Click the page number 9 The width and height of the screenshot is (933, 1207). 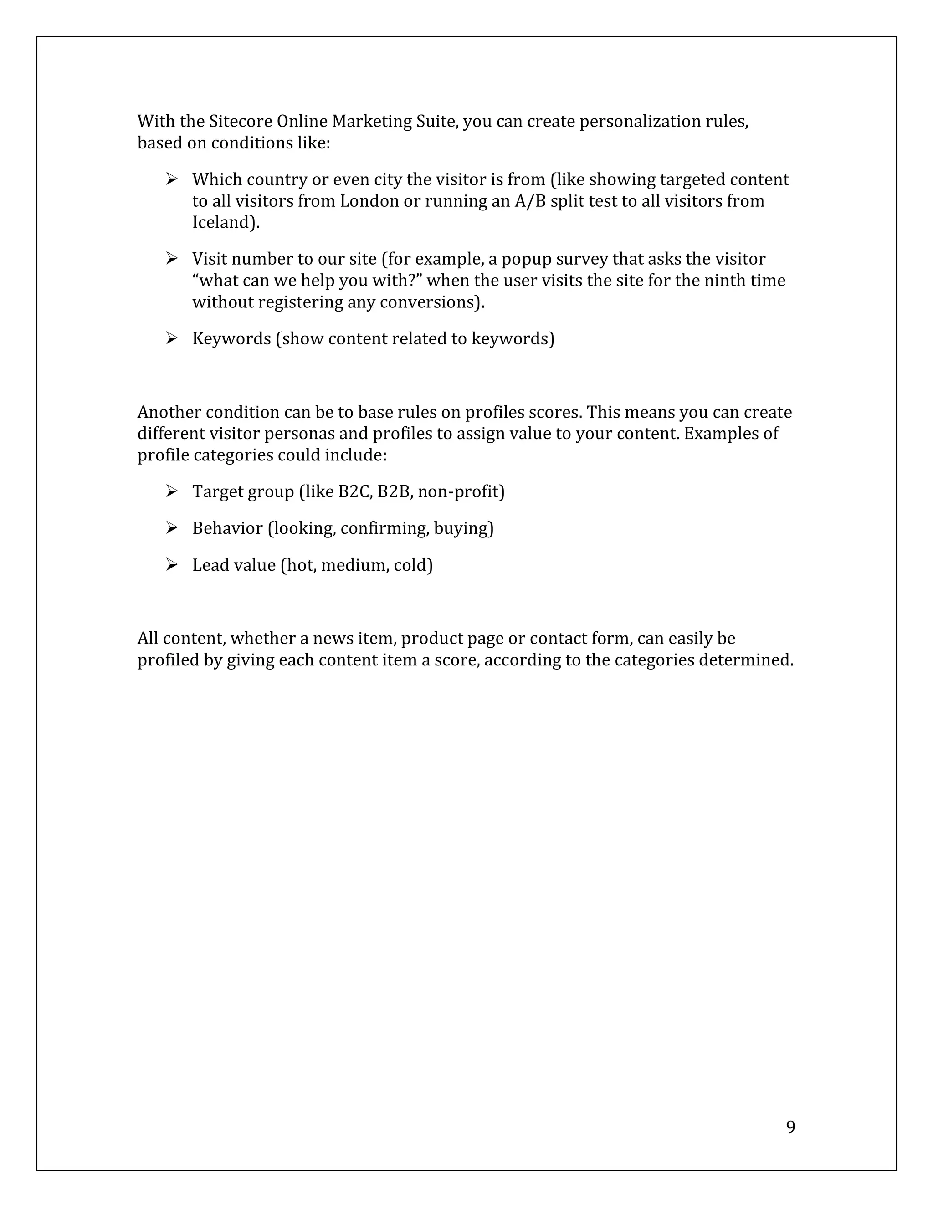pyautogui.click(x=790, y=1127)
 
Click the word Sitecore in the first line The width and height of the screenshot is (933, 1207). pyautogui.click(x=241, y=122)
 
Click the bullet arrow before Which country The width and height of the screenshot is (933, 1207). pyautogui.click(x=171, y=179)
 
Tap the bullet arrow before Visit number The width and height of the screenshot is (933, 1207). pyautogui.click(x=171, y=259)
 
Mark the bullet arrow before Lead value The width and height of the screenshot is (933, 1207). pyautogui.click(x=171, y=565)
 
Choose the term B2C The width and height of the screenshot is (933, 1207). pyautogui.click(x=355, y=492)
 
